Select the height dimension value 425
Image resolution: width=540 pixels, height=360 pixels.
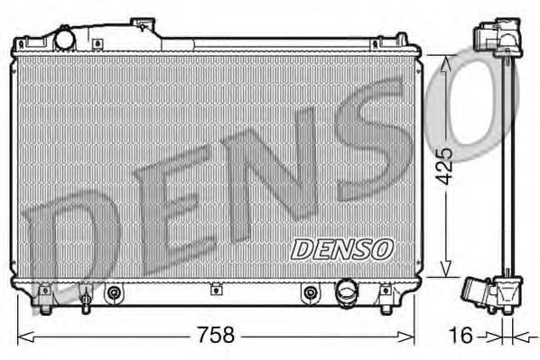443,166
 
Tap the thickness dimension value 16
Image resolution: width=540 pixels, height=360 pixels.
461,336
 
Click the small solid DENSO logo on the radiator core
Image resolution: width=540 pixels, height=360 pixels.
340,246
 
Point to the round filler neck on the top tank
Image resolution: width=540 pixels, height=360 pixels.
66,40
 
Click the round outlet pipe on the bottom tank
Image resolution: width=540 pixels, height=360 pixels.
347,291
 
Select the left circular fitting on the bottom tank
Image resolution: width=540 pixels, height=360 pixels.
114,292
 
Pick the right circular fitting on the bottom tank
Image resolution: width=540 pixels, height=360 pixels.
311,292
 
